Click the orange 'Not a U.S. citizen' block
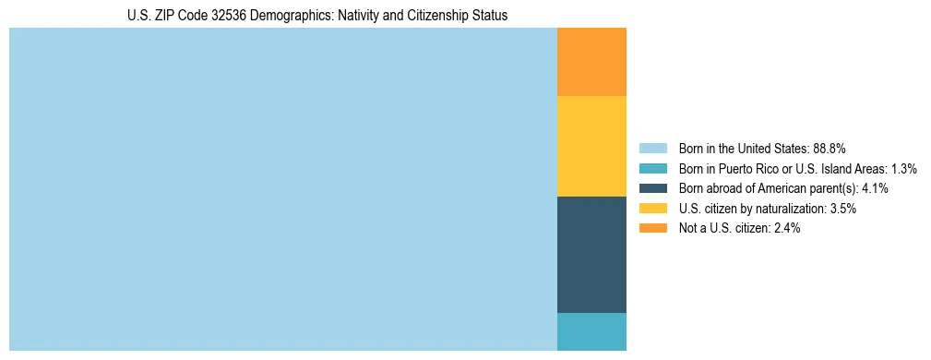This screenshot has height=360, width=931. click(x=591, y=62)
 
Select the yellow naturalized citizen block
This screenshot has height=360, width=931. click(x=591, y=146)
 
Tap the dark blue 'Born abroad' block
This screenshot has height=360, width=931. click(x=591, y=255)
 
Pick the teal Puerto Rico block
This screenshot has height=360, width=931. click(x=591, y=331)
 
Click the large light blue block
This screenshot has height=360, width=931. click(x=283, y=189)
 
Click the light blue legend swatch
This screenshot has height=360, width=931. click(x=653, y=149)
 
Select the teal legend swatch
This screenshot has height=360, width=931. click(x=653, y=169)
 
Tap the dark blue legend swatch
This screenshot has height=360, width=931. click(x=653, y=188)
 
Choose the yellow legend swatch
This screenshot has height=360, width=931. click(x=653, y=209)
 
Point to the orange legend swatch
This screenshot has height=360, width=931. click(x=653, y=229)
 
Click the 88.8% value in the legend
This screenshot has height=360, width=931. click(x=830, y=149)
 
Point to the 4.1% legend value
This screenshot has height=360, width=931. click(x=872, y=188)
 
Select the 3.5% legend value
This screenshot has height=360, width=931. click(x=841, y=209)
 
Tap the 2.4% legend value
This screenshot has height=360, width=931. click(x=784, y=229)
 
